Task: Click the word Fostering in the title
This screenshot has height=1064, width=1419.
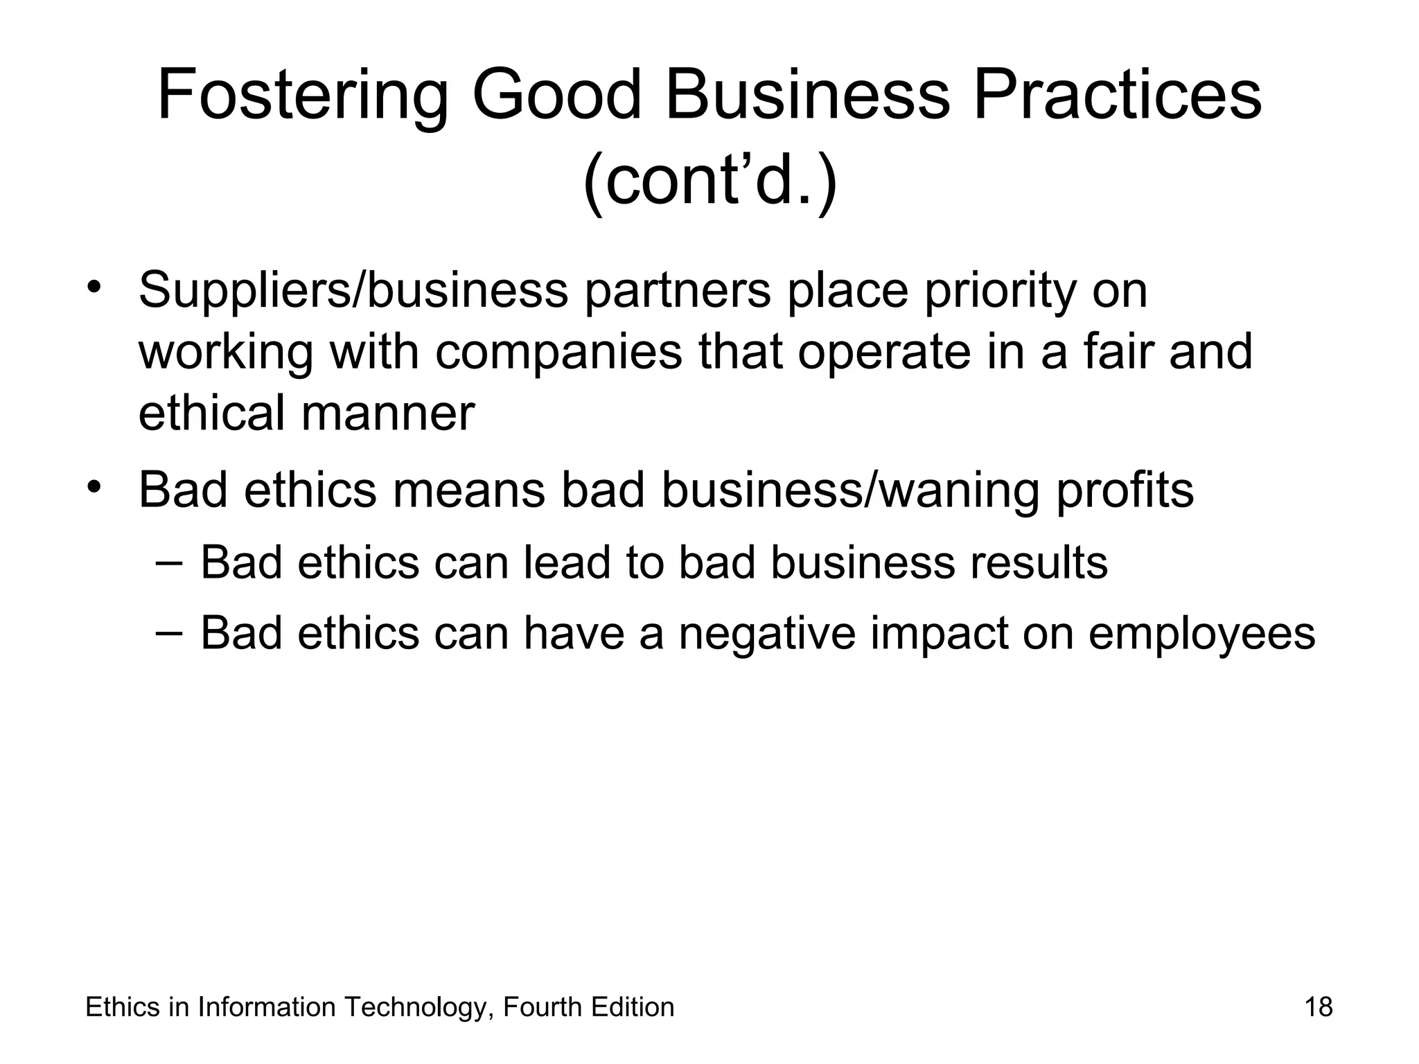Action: (x=302, y=97)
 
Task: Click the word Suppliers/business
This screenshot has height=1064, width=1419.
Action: (x=353, y=291)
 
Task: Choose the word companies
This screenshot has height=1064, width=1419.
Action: (x=558, y=352)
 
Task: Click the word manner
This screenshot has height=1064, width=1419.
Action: (x=388, y=414)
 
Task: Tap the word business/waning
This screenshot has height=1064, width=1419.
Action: (x=850, y=490)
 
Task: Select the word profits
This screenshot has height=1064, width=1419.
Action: (x=1125, y=490)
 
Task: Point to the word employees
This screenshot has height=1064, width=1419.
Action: (x=1201, y=634)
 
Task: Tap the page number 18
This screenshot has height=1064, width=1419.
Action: (x=1319, y=1007)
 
